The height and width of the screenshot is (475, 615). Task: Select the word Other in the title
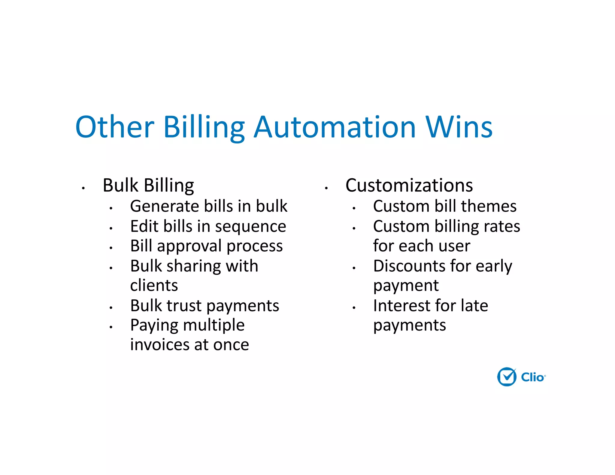click(115, 127)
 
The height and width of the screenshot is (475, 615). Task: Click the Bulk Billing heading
click(148, 185)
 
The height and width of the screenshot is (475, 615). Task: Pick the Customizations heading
click(409, 185)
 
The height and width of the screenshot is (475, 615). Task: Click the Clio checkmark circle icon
click(507, 377)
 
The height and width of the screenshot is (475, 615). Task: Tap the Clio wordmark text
click(532, 377)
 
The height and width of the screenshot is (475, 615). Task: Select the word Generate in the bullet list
click(165, 206)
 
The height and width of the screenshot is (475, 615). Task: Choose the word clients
click(154, 285)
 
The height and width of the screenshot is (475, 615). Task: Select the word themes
click(489, 206)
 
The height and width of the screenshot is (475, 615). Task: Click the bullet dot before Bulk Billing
click(83, 188)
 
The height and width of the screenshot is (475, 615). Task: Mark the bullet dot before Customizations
click(326, 188)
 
